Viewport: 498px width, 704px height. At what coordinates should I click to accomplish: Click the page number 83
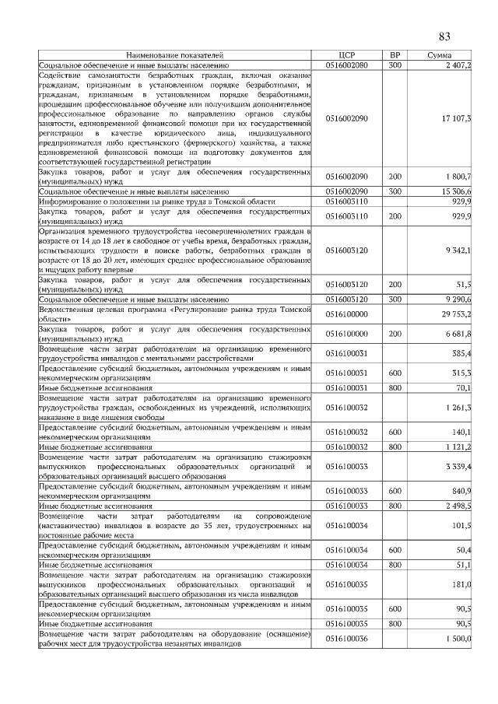(x=445, y=37)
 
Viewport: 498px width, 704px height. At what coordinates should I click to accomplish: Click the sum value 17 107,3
(x=456, y=117)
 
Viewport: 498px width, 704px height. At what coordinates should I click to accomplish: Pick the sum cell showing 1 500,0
(x=458, y=639)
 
